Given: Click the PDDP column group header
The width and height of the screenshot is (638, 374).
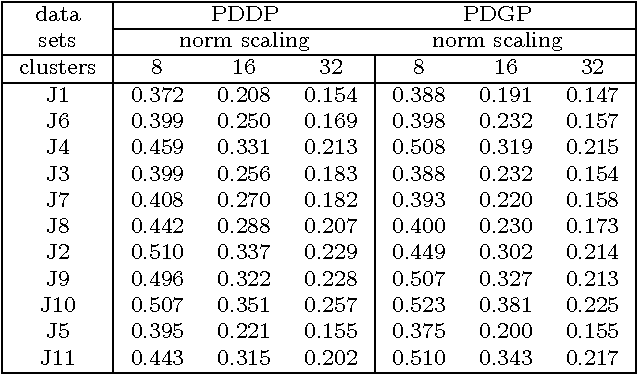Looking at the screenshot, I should click(243, 15).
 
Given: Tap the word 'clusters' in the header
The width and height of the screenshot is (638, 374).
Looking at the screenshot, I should click(56, 68).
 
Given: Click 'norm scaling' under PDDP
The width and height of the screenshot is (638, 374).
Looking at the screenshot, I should click(243, 42).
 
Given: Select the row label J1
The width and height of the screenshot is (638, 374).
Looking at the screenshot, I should click(56, 95).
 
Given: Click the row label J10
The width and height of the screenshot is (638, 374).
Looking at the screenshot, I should click(56, 311).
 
